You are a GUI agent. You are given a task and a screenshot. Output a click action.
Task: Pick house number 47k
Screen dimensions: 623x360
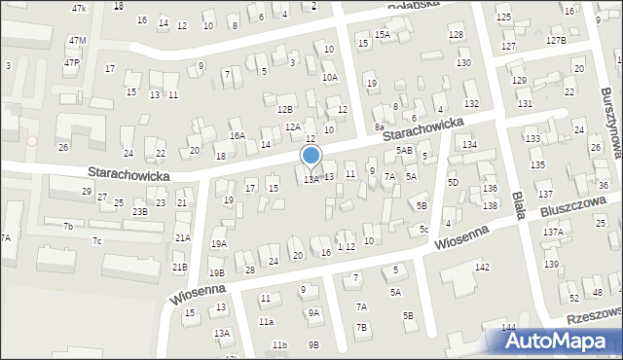tap(79, 8)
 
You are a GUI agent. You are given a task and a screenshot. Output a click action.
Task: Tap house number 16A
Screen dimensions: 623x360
tap(237, 135)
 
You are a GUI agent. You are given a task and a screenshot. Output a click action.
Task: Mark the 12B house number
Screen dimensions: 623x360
tap(284, 109)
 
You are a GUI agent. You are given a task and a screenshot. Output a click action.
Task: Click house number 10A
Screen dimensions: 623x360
tap(330, 77)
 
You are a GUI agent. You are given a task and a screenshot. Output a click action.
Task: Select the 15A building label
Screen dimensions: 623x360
tap(383, 34)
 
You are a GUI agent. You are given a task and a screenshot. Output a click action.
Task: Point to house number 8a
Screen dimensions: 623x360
tap(380, 126)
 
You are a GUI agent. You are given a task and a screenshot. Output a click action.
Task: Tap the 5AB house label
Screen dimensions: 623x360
tap(404, 150)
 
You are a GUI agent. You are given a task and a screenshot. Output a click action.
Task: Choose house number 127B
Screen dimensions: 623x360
tap(555, 40)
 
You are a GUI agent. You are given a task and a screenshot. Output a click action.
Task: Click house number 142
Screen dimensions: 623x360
tap(481, 267)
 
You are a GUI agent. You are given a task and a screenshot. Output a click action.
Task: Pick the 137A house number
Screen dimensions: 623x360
tap(553, 233)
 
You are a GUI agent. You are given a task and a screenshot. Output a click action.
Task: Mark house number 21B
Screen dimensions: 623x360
tap(179, 267)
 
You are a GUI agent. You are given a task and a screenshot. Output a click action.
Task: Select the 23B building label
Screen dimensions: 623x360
tap(140, 211)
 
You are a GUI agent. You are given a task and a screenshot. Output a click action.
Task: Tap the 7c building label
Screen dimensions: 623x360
tap(96, 240)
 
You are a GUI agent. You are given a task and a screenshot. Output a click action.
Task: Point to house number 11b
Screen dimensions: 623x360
tap(279, 344)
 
